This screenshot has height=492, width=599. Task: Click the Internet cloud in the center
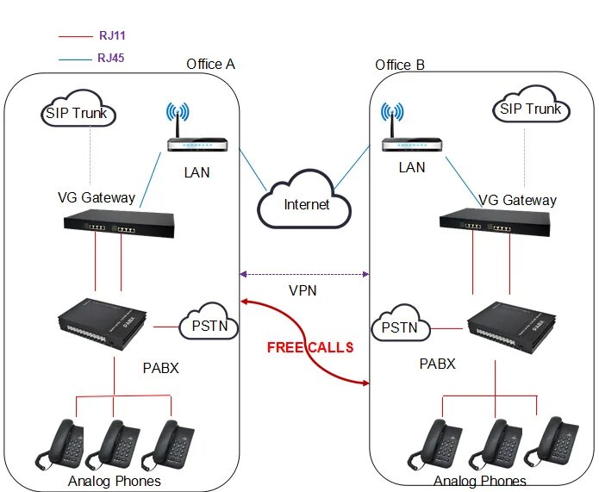307,203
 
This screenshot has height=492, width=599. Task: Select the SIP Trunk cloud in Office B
530,109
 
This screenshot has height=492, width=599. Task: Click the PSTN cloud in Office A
206,326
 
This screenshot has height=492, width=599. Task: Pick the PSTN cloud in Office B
399,327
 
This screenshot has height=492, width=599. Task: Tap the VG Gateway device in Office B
495,225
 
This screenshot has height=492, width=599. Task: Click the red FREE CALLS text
309,348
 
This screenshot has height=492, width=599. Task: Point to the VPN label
303,290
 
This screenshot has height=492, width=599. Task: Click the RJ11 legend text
112,36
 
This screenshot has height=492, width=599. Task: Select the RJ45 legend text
112,59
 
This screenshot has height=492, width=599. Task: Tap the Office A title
210,65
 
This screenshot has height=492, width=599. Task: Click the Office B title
400,65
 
